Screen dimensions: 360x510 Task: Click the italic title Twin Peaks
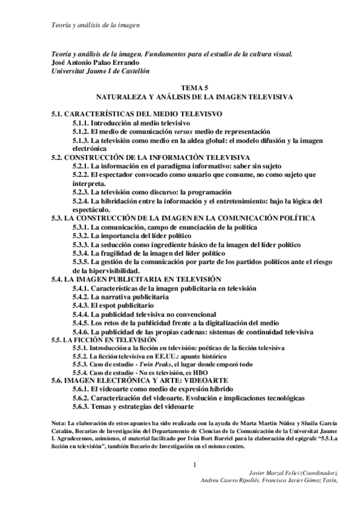159,365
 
